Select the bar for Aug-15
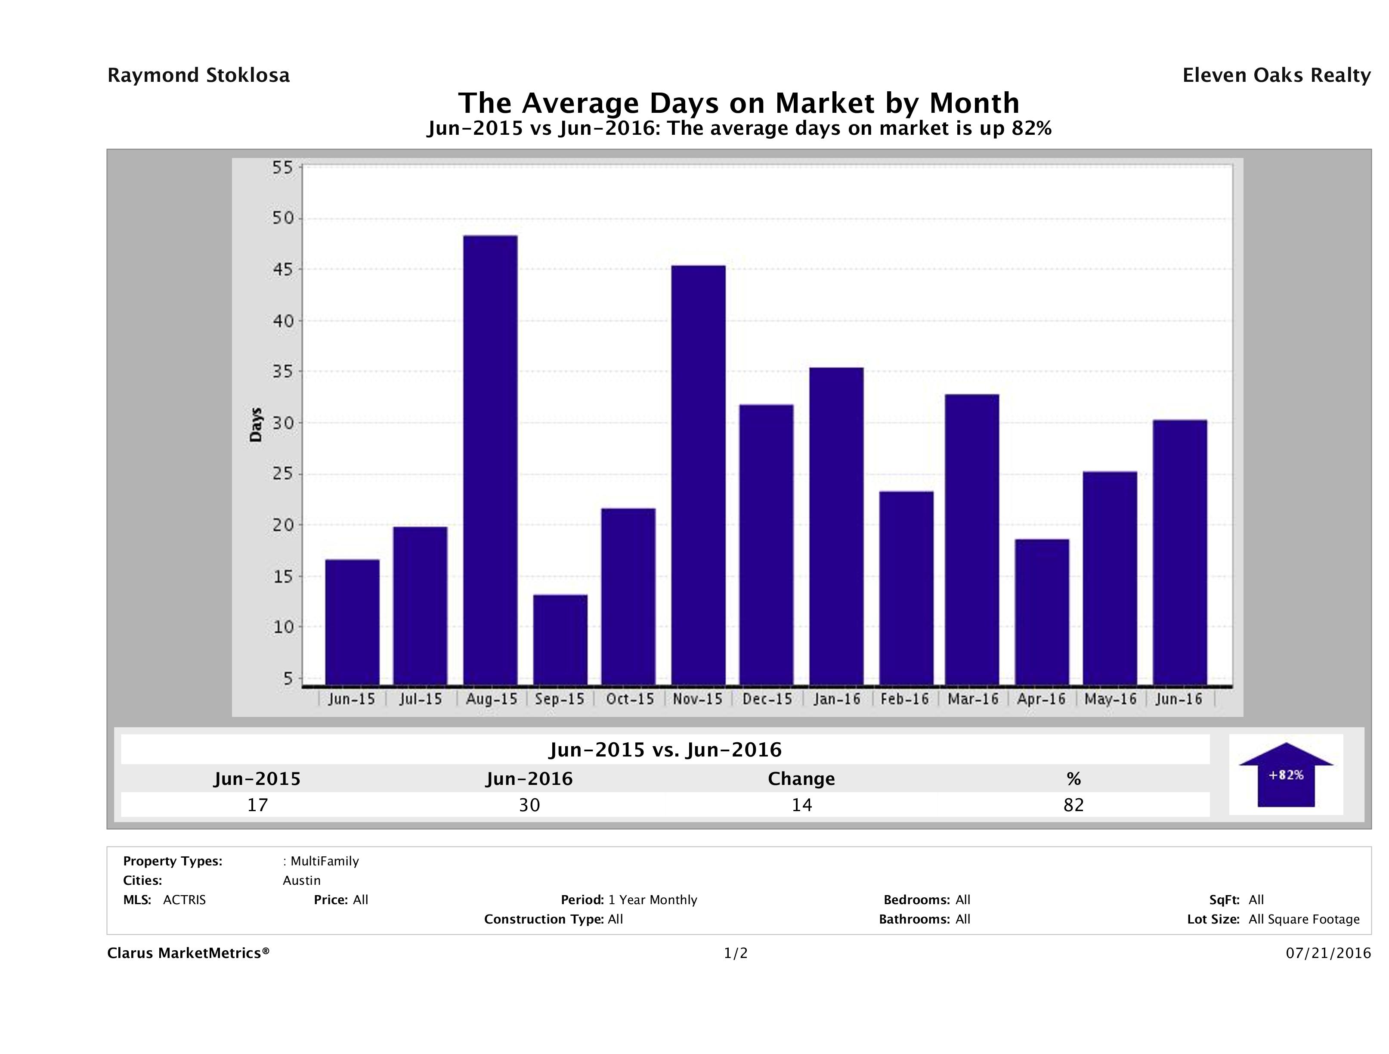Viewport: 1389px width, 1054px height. (490, 460)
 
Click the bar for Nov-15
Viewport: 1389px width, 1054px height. (698, 475)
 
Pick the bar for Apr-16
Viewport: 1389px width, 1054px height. (1042, 612)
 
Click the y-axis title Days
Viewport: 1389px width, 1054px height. (256, 425)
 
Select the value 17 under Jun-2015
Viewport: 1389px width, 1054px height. (257, 805)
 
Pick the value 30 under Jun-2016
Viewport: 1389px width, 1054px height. (529, 805)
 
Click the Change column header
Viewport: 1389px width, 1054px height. (801, 779)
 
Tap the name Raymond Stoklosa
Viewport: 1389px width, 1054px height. (198, 75)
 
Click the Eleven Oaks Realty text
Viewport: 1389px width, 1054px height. (1276, 75)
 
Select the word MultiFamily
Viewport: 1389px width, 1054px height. (325, 861)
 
